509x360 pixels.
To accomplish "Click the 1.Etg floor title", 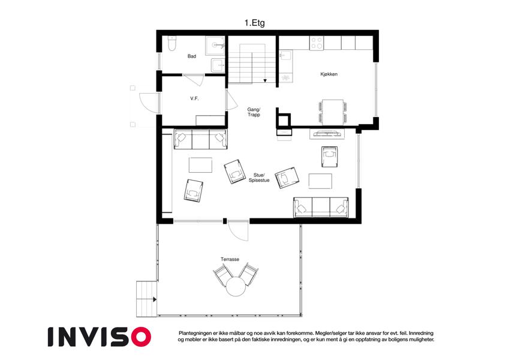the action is pos(254,23).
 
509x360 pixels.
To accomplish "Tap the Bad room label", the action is pos(192,56).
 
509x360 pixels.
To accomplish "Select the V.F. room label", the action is pos(194,98).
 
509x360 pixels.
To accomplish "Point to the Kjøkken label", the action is pos(329,74).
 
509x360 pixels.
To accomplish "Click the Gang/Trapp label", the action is pos(254,112).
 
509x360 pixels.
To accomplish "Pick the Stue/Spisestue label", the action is pos(259,178).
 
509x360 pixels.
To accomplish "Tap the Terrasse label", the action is pos(230,259).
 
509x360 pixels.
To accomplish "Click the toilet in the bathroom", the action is pos(172,44).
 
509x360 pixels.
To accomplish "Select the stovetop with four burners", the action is pos(317,43).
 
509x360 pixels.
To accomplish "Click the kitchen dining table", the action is pos(333,112).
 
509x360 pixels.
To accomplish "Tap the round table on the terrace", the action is pos(236,287).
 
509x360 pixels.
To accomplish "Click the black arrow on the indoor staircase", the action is pos(265,80).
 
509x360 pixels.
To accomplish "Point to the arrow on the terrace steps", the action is pos(155,299).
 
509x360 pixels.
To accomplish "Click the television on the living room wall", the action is pos(327,133).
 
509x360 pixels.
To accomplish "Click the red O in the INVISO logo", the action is pos(141,337).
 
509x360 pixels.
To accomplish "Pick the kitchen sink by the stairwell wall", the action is pos(286,55).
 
